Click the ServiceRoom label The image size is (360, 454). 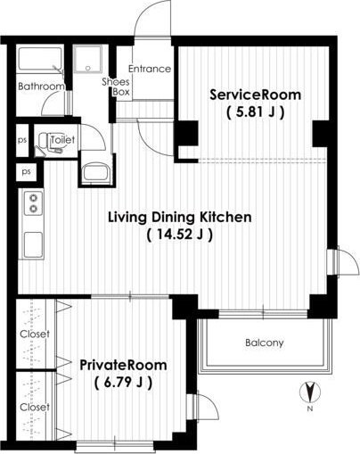click(x=255, y=95)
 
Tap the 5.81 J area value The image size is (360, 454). click(x=256, y=112)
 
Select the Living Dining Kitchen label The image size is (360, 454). click(x=179, y=217)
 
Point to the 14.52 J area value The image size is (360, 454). click(x=180, y=235)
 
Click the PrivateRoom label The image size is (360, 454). click(x=123, y=365)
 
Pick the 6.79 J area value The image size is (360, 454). click(x=123, y=383)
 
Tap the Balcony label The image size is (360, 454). click(x=265, y=343)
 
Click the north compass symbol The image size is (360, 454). click(x=310, y=392)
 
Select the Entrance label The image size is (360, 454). click(x=150, y=69)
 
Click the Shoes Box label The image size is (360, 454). click(x=116, y=87)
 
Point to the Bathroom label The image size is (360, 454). click(x=41, y=87)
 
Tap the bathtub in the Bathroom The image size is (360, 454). click(x=40, y=59)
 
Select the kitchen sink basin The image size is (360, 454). click(x=33, y=244)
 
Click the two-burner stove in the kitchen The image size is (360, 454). click(x=33, y=203)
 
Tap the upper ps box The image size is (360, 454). click(x=22, y=140)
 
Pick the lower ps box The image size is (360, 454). click(x=26, y=172)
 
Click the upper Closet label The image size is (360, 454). click(x=35, y=334)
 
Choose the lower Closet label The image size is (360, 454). click(x=35, y=407)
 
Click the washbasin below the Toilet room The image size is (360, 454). click(x=95, y=172)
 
